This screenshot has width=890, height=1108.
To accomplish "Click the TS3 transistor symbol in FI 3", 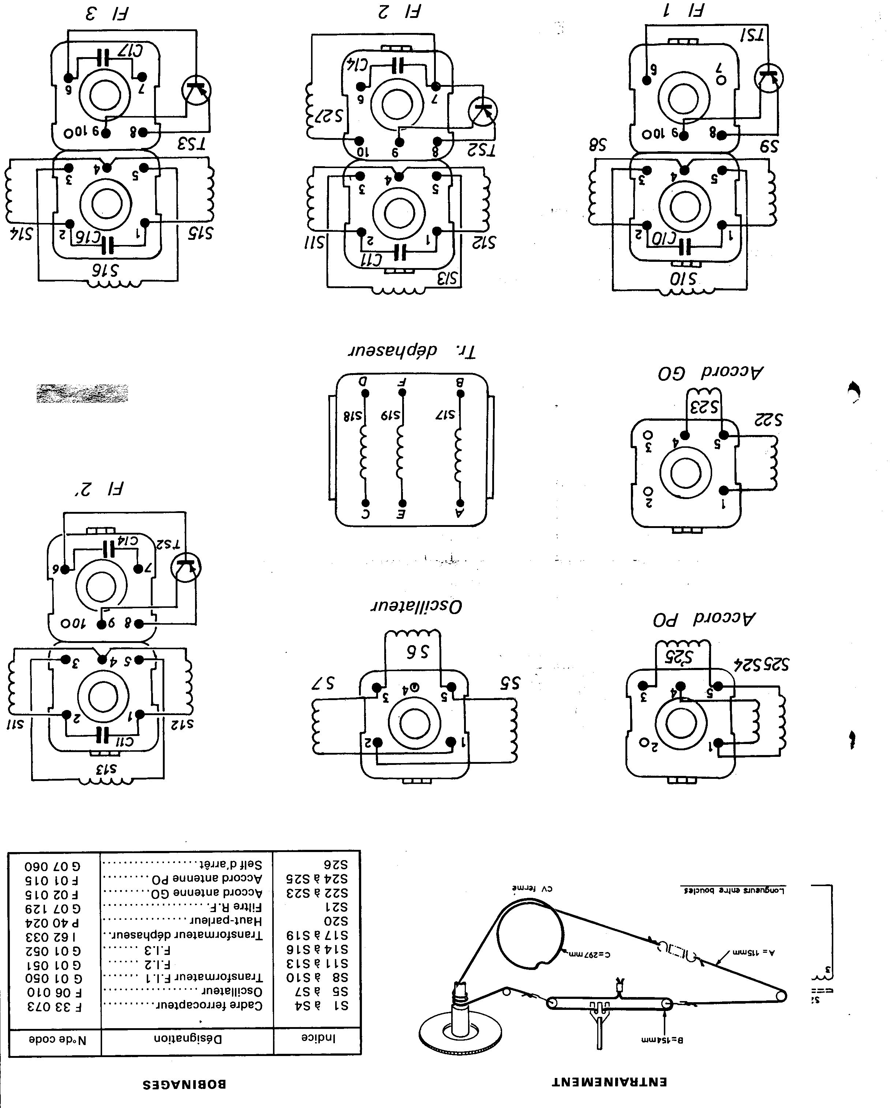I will click(x=196, y=90).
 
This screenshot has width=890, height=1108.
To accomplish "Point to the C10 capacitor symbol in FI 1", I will click(x=685, y=247).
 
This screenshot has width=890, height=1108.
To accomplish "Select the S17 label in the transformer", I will click(x=445, y=414).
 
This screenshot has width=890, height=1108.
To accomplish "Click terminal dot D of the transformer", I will click(x=366, y=394).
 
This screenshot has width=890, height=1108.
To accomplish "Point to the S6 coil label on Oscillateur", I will click(x=418, y=652).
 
